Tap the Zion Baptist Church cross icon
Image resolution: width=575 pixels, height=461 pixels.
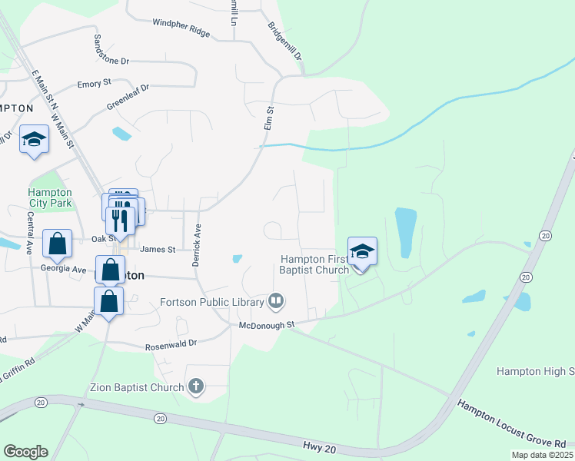click(x=196, y=386)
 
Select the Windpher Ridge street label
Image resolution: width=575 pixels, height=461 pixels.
click(x=181, y=28)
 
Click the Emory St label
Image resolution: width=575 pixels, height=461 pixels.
click(x=95, y=83)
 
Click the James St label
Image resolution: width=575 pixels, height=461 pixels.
click(x=158, y=249)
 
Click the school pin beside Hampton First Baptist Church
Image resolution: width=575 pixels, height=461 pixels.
click(x=362, y=251)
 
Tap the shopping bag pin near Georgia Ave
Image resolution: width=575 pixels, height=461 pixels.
click(x=57, y=244)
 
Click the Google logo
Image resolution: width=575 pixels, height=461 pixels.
click(x=25, y=452)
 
